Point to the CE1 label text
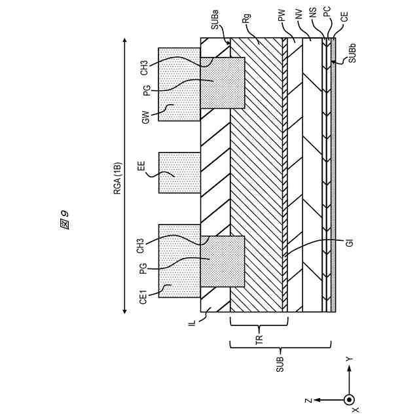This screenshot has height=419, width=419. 144,299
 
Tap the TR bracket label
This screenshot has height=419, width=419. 259,339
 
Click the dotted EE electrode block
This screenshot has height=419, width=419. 179,173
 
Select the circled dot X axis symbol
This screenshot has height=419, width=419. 349,399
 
